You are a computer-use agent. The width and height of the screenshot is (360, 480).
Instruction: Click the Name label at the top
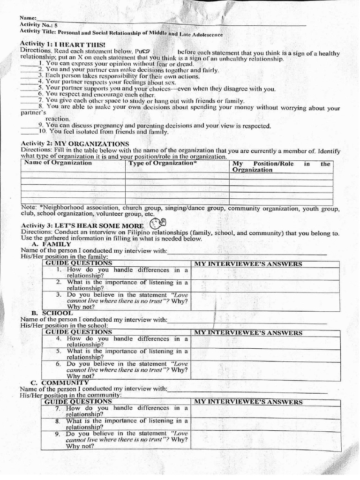coord(28,18)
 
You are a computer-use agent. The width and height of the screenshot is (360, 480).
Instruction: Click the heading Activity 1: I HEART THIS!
coord(63,44)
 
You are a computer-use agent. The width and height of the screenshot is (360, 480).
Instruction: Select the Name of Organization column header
coord(58,163)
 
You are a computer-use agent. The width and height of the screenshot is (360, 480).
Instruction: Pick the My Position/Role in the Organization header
coord(281,167)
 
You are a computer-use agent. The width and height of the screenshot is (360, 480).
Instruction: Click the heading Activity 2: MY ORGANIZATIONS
coord(75,143)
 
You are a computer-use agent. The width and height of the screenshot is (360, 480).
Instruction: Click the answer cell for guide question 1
coord(266,273)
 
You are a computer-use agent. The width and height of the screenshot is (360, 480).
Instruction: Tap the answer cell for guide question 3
coord(266,301)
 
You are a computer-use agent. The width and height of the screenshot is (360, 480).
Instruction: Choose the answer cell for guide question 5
coord(266,354)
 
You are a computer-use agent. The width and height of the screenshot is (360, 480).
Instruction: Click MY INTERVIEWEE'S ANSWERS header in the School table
coord(248,333)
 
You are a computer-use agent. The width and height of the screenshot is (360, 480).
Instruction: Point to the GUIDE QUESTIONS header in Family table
coord(79,263)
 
